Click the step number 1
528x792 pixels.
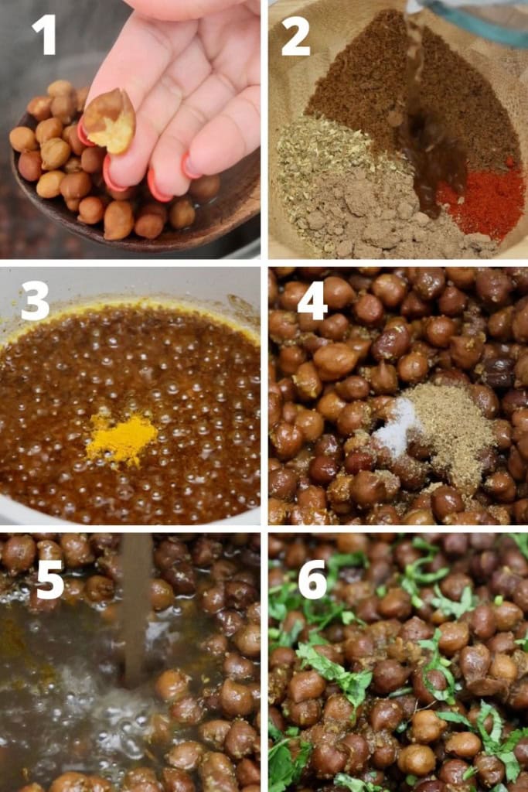coord(44,35)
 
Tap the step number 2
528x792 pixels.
coord(295,36)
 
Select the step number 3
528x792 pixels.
coord(36,301)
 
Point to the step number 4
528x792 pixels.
coord(312,301)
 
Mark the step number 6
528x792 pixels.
coord(313,579)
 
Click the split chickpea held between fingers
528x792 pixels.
coord(109,121)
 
